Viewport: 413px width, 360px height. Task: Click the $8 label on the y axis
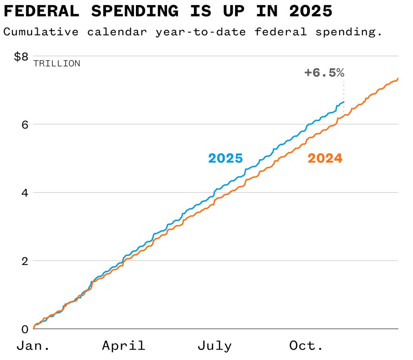(x=21, y=56)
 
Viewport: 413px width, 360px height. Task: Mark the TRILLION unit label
(x=56, y=64)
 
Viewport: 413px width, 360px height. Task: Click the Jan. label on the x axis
(x=33, y=346)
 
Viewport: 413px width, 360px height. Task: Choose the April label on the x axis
(x=123, y=346)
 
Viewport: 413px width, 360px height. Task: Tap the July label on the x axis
(x=215, y=346)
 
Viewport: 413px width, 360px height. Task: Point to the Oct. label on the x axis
(x=306, y=346)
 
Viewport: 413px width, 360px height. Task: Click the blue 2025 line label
(x=225, y=158)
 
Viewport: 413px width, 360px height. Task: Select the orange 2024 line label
(x=325, y=158)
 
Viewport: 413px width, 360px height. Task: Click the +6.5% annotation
(x=324, y=72)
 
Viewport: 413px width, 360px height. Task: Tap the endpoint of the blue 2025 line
(x=344, y=102)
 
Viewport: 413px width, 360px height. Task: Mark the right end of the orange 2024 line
(x=398, y=78)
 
